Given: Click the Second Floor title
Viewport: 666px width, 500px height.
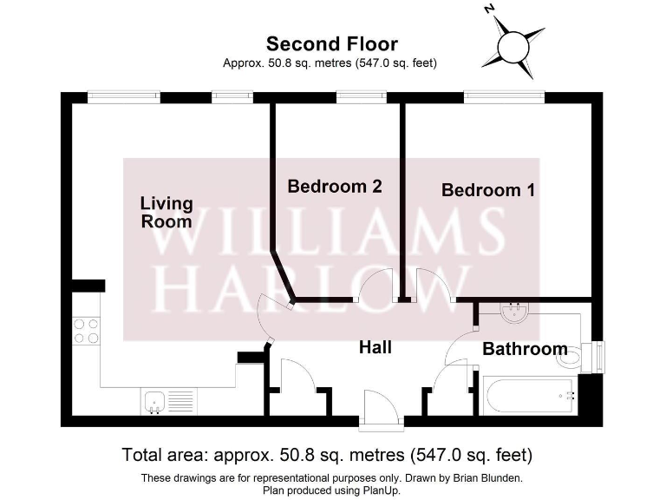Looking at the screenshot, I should (332, 44).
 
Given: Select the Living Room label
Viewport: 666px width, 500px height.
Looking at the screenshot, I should (166, 212).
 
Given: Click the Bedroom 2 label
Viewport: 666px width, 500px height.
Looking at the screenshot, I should (335, 186).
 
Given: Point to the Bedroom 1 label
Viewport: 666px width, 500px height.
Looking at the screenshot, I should (488, 189).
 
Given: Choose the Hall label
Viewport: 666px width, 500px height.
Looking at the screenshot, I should (375, 347).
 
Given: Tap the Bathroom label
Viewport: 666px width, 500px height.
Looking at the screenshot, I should (525, 349).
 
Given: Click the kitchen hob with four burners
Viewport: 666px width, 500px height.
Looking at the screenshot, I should (86, 331).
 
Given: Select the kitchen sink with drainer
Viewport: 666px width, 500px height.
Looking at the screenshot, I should (168, 400).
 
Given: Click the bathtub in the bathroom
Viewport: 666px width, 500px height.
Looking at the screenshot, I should (530, 396).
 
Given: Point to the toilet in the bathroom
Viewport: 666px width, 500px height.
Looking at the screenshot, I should (572, 355).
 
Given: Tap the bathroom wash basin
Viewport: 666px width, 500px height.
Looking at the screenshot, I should (516, 311).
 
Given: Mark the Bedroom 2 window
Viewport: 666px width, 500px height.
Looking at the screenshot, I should (349, 96).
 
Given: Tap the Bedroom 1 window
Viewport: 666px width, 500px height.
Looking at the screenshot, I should (504, 96).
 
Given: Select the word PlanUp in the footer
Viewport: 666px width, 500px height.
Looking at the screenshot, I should (382, 490).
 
